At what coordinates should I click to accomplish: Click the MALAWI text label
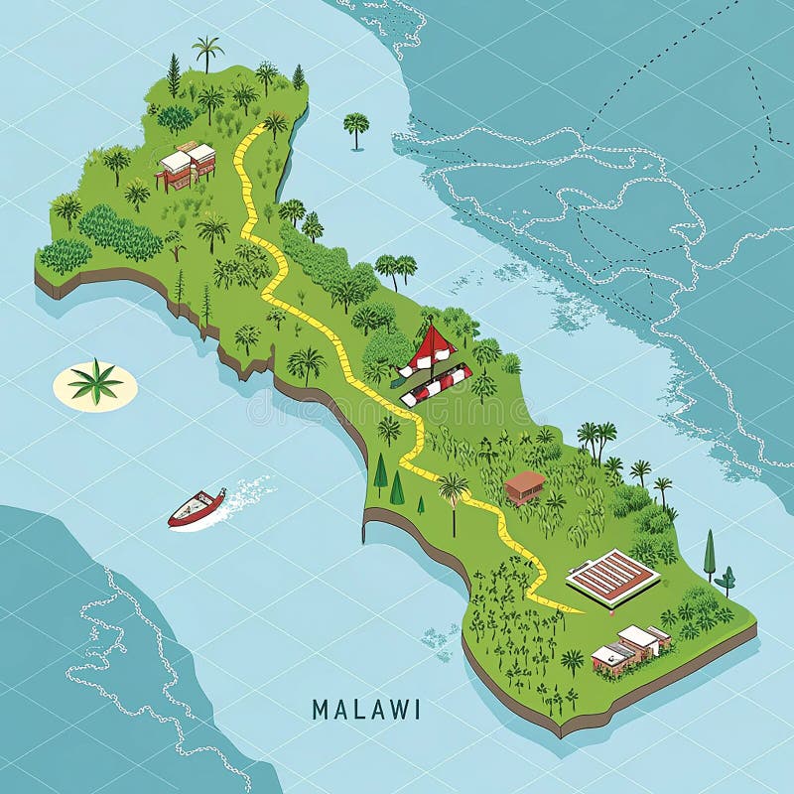[x=365, y=710]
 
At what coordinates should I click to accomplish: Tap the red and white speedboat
[x=197, y=507]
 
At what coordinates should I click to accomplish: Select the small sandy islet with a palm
[x=95, y=385]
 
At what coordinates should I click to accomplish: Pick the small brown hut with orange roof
[x=524, y=485]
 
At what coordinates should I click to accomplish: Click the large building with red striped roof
[x=612, y=577]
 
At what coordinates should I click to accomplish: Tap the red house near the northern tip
[x=187, y=166]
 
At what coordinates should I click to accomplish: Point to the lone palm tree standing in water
[x=356, y=126]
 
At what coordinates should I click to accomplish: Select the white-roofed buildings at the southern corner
[x=631, y=647]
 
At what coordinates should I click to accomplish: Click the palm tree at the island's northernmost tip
[x=207, y=50]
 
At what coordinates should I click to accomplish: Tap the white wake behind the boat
[x=248, y=493]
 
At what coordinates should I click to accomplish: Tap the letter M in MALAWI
[x=320, y=710]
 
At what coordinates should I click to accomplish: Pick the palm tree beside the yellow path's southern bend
[x=454, y=488]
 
